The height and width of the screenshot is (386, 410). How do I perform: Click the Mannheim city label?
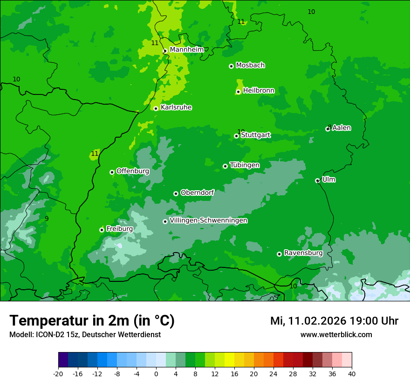pos(186,50)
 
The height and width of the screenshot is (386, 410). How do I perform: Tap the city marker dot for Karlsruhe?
pos(156,108)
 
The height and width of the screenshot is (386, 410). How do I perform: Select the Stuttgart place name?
pos(255,135)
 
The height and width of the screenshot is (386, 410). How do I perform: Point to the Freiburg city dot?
pos(102,230)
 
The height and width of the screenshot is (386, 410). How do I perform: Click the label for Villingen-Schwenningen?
pos(208,220)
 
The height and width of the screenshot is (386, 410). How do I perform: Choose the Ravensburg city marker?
pos(279,254)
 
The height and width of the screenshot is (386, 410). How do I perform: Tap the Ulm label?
pos(328,180)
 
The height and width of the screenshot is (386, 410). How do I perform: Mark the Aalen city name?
pos(342,128)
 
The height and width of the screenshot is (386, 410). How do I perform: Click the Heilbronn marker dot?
pos(238,92)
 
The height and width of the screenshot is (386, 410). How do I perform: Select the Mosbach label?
pos(250,66)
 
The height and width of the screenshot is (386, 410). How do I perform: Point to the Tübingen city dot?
pos(225,166)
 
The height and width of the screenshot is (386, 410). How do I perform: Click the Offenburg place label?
pos(133,171)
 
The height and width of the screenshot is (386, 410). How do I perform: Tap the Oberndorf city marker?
pos(176,193)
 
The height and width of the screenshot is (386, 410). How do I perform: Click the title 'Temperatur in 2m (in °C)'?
pos(92,321)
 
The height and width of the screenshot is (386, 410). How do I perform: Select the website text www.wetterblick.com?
pos(336,334)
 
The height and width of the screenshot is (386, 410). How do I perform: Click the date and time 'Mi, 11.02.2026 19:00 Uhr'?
pos(334,321)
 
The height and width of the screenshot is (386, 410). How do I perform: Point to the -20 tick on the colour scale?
pos(58,373)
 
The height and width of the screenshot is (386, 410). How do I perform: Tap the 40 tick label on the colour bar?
pos(352,373)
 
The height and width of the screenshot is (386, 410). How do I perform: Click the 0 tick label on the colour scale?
pos(156,373)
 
